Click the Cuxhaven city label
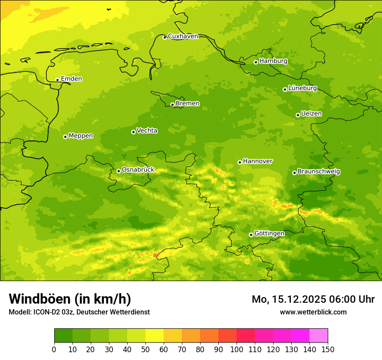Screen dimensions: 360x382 pos(183,36)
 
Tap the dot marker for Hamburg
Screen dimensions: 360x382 pos(256,62)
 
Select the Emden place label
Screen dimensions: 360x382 pos(71,79)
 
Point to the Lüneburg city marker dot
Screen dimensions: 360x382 pos(285,89)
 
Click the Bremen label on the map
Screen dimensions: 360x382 pos(188,104)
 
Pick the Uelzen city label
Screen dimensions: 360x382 pos(311,114)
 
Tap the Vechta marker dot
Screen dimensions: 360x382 pos(133,132)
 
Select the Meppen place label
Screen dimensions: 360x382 pos(81,136)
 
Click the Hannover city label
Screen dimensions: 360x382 pos(257,161)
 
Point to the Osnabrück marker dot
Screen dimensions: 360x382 pos(119,171)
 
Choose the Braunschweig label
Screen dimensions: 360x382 pos(319,172)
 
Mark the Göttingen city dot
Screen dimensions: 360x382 pos(251,235)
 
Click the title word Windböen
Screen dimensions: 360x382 pos(39,299)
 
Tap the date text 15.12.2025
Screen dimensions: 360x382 pos(298,299)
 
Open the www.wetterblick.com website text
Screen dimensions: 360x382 pos(313,312)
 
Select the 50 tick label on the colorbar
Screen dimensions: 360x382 pos(145,349)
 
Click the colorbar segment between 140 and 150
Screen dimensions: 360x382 pos(319,336)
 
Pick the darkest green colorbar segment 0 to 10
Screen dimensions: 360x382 pos(63,336)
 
